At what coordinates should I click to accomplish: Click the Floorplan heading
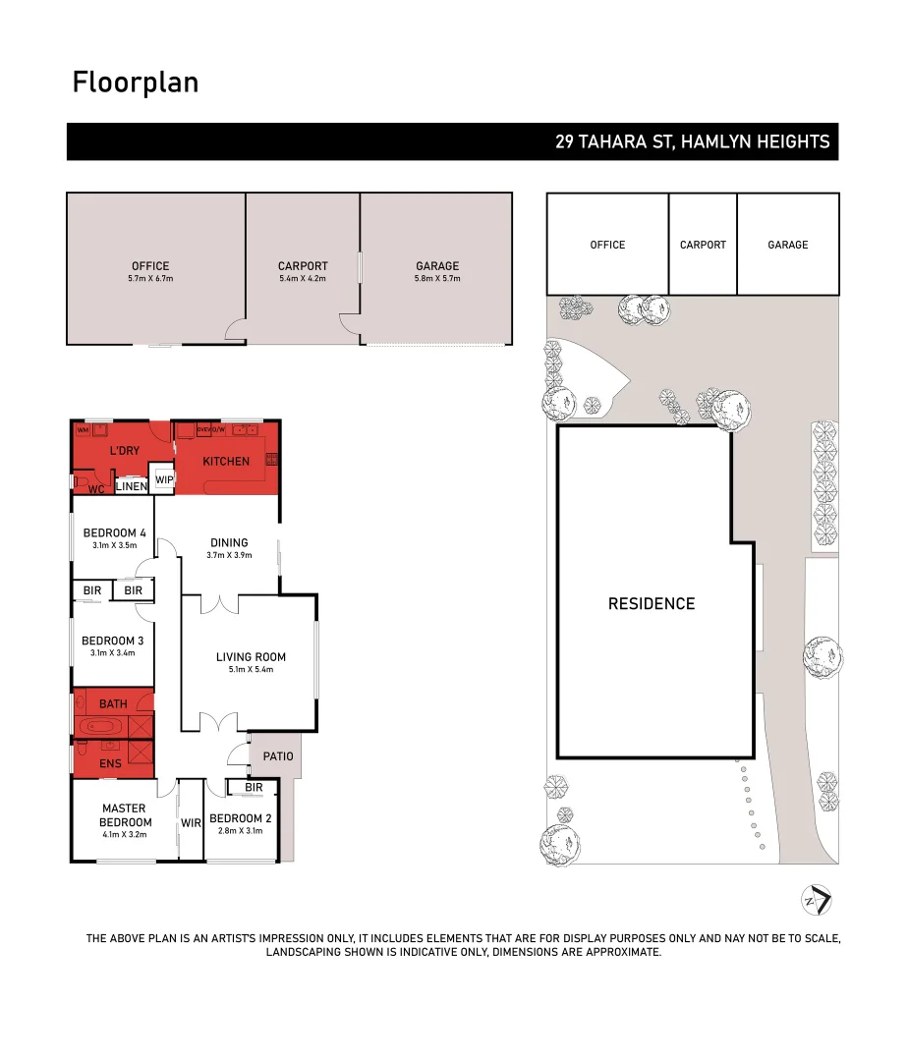pyautogui.click(x=136, y=83)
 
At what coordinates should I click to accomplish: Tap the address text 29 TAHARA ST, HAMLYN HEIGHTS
pyautogui.click(x=692, y=142)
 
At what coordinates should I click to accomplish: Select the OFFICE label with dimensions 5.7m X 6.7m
pyautogui.click(x=150, y=271)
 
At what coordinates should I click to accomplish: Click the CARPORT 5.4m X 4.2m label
pyautogui.click(x=303, y=271)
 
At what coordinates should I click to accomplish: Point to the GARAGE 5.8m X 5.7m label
pyautogui.click(x=437, y=271)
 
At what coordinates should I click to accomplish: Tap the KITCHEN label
pyautogui.click(x=226, y=462)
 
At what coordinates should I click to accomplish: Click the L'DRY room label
pyautogui.click(x=124, y=450)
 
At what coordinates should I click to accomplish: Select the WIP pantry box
pyautogui.click(x=164, y=480)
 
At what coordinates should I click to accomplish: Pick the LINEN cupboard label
pyautogui.click(x=132, y=487)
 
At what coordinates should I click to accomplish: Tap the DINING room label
pyautogui.click(x=229, y=542)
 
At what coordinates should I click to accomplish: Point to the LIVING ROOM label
pyautogui.click(x=251, y=658)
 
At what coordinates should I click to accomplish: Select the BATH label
pyautogui.click(x=113, y=704)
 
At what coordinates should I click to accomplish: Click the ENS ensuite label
pyautogui.click(x=110, y=762)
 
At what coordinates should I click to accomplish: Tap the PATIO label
pyautogui.click(x=278, y=756)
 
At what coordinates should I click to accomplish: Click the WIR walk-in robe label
pyautogui.click(x=191, y=823)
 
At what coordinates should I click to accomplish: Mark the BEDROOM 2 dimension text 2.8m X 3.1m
pyautogui.click(x=240, y=831)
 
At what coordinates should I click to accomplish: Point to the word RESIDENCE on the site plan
pyautogui.click(x=652, y=604)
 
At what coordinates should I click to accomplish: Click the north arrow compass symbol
pyautogui.click(x=818, y=900)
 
